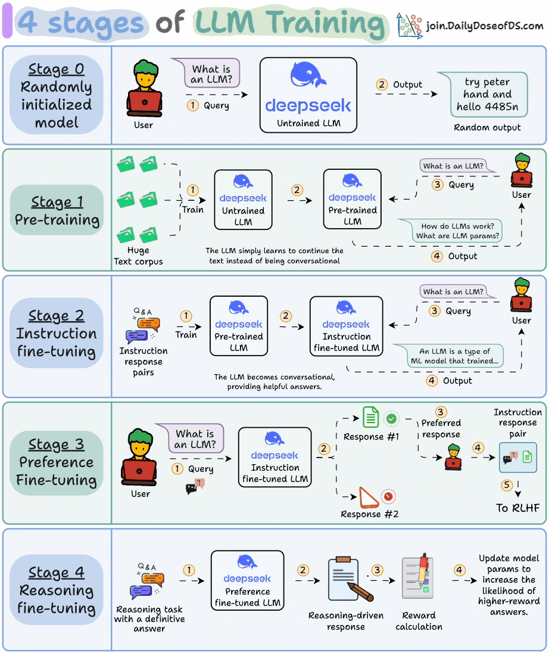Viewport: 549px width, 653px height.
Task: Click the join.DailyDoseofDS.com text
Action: tap(485, 26)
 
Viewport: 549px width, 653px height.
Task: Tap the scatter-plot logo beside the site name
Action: tap(410, 26)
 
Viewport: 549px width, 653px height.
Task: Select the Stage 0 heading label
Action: tap(57, 69)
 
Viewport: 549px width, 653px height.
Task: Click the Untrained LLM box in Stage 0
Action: tap(308, 95)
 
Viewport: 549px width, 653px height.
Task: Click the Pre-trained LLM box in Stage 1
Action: tap(352, 199)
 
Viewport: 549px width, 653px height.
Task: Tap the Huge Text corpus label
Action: tap(138, 256)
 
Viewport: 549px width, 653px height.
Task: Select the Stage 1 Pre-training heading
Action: tap(57, 211)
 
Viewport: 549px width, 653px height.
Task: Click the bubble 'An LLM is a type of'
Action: tap(455, 356)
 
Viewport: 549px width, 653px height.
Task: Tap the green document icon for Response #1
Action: tap(371, 417)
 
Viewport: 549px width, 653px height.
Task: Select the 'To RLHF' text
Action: tap(518, 508)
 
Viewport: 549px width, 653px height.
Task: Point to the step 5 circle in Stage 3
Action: tap(507, 486)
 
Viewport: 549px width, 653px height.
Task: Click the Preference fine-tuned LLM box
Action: tap(247, 580)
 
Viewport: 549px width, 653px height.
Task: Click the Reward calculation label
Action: tap(419, 621)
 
